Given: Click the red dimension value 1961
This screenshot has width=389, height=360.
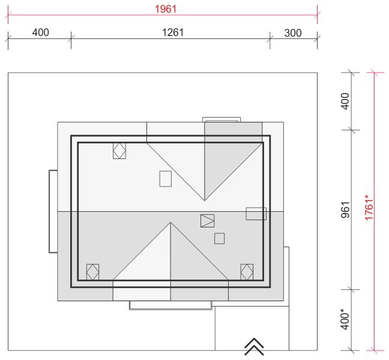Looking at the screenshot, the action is coord(166,9).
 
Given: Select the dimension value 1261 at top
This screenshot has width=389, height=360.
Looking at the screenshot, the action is coord(173,32).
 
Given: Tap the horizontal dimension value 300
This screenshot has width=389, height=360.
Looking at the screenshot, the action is coord(293,33).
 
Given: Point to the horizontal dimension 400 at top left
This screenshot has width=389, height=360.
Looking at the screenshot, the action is coord(40,32).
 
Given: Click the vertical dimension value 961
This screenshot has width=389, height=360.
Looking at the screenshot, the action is coord(345,210).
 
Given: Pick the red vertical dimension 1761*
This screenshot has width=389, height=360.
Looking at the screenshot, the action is coord(369,208).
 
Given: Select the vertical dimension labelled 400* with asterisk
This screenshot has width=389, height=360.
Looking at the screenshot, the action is coord(345,319).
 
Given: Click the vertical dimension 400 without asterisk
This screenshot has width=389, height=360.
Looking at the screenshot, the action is coord(345,101).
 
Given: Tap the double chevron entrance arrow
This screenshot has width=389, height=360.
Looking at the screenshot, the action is coord(254,346).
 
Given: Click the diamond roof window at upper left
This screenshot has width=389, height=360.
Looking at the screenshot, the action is coord(119,151).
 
